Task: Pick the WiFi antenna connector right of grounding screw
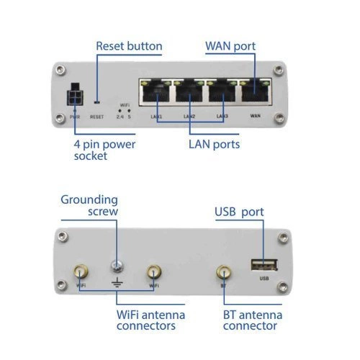coord(153,271)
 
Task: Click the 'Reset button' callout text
coord(129,46)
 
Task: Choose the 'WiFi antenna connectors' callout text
coord(151,320)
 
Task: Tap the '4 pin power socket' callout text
coord(104,150)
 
